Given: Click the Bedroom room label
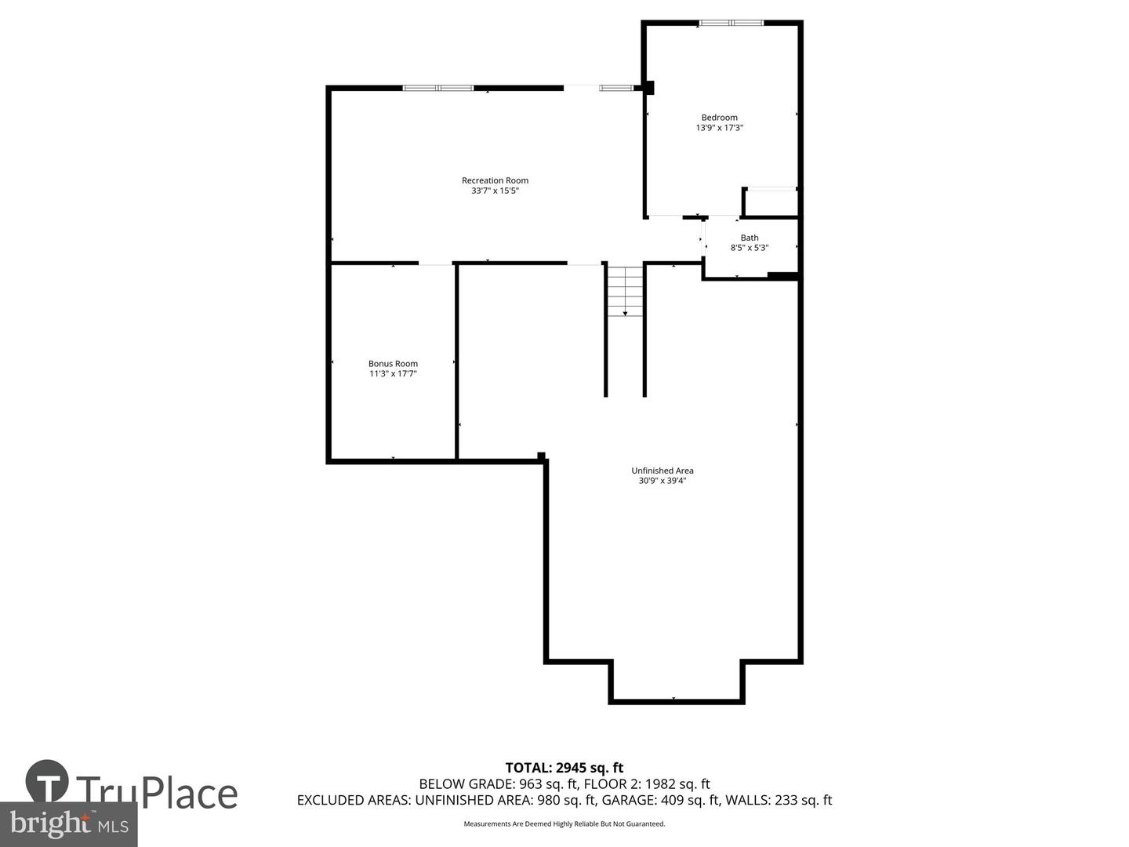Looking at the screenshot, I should (x=719, y=118).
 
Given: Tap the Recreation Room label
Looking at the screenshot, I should (x=495, y=180).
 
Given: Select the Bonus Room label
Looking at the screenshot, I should (x=393, y=364).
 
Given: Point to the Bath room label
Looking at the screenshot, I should (x=750, y=238).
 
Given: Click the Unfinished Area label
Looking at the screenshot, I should (x=663, y=471).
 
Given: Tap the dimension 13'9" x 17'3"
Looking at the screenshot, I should (x=719, y=128).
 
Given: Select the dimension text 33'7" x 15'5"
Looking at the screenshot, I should (x=495, y=191).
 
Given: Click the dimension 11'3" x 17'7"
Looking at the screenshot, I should (x=393, y=374).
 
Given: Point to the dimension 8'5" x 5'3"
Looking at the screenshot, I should (x=750, y=248).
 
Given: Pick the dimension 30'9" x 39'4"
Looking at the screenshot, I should (x=663, y=481).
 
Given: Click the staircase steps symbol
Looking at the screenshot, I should (x=626, y=291).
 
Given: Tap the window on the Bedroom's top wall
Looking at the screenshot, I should (x=731, y=23).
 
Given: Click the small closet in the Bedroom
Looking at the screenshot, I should (x=770, y=202).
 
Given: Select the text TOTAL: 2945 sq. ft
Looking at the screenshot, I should (x=564, y=768).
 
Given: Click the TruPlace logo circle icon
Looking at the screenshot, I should (x=47, y=781).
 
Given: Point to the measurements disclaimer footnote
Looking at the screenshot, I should (x=564, y=824).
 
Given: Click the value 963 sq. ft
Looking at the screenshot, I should (x=548, y=783).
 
